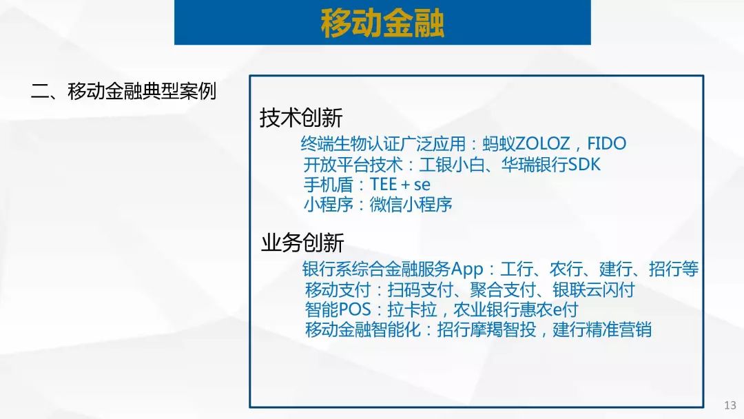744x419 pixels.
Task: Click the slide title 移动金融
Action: (x=382, y=23)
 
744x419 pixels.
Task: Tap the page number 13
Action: (x=730, y=405)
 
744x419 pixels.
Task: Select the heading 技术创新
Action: (x=301, y=117)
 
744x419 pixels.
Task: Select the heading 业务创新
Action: (x=302, y=243)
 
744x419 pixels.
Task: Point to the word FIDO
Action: (x=607, y=143)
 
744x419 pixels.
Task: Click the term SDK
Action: (x=584, y=165)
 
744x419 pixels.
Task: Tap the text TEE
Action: (x=383, y=184)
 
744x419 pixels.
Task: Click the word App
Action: (x=467, y=269)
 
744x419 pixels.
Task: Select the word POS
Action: (x=355, y=309)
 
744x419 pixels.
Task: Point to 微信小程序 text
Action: (x=411, y=205)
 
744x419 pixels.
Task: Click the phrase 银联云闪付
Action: (x=593, y=289)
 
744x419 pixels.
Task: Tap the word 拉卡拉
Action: (x=412, y=309)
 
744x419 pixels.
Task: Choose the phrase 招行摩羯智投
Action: (x=486, y=329)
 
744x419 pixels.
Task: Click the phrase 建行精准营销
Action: (x=601, y=329)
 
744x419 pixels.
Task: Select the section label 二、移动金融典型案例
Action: (x=123, y=91)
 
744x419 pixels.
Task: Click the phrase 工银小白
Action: (x=452, y=165)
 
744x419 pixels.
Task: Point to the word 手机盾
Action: (x=329, y=184)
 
